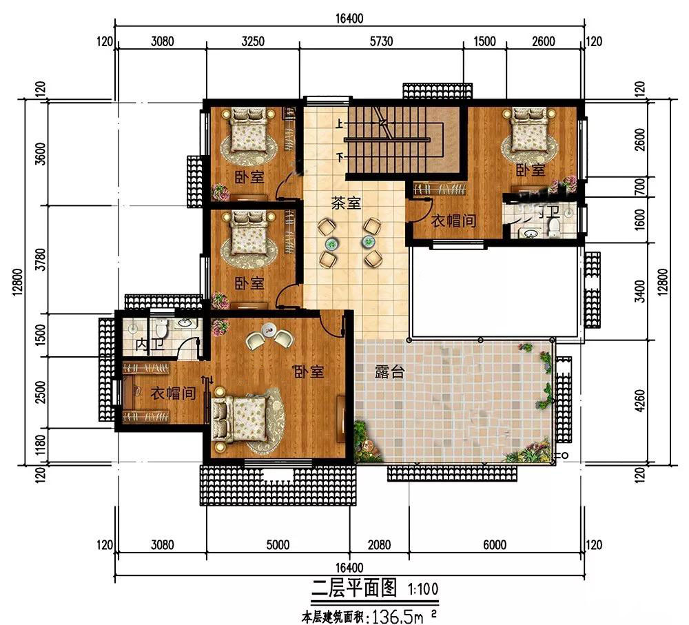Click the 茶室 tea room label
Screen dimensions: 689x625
(346, 203)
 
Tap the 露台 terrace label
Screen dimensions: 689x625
(390, 372)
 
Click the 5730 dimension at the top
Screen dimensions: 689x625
(381, 41)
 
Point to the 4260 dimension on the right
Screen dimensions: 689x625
(640, 401)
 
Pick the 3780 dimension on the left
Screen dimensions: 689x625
(41, 259)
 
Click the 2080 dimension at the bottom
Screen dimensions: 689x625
(379, 545)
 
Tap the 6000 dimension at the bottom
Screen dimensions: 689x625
(494, 545)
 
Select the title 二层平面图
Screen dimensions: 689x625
(354, 588)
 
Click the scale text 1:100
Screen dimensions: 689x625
(423, 589)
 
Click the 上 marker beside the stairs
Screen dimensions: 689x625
(340, 125)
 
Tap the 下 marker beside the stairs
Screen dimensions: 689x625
(340, 156)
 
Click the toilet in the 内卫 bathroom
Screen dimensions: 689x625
(161, 327)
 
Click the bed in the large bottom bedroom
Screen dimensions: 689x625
(240, 418)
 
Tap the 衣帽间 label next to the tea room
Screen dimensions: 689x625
(453, 221)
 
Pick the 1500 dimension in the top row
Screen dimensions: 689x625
(484, 41)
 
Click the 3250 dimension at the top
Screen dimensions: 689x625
(253, 41)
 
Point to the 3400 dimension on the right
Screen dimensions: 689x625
(640, 291)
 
